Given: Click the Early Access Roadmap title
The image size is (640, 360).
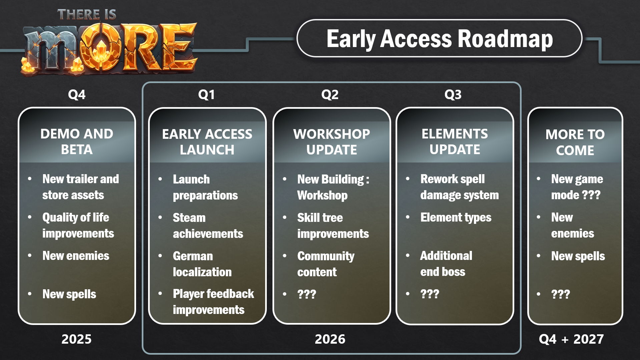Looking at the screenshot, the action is [x=440, y=39].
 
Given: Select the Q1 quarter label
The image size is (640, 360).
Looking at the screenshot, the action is [x=206, y=95].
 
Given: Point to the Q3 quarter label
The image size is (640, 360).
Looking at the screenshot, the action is [x=453, y=95].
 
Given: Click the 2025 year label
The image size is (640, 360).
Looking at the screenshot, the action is [x=76, y=339].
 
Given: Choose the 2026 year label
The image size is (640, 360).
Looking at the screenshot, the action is [x=330, y=339].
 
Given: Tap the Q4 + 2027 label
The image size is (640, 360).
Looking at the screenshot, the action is [x=571, y=339].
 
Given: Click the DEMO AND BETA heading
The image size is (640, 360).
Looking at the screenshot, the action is [x=77, y=141].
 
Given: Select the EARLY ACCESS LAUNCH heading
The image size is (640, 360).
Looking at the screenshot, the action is [x=207, y=142].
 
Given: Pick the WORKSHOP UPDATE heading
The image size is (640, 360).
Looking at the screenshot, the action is [x=332, y=142].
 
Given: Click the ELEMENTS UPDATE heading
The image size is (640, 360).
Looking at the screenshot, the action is [x=455, y=141].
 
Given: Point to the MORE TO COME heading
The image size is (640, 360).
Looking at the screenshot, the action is [x=575, y=142].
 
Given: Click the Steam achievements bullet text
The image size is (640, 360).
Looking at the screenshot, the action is [x=208, y=226].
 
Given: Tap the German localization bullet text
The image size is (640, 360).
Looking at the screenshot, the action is [x=202, y=264].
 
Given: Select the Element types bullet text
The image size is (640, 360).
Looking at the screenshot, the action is [x=456, y=218].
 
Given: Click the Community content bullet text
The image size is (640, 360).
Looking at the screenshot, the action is [x=326, y=264].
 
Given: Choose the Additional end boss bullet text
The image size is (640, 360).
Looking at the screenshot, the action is [x=446, y=264].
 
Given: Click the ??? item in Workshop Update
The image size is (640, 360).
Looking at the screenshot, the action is [x=306, y=294].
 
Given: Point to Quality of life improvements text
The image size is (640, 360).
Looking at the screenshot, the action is [x=78, y=225].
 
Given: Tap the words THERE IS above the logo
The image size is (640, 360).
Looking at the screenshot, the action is [x=87, y=15].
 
